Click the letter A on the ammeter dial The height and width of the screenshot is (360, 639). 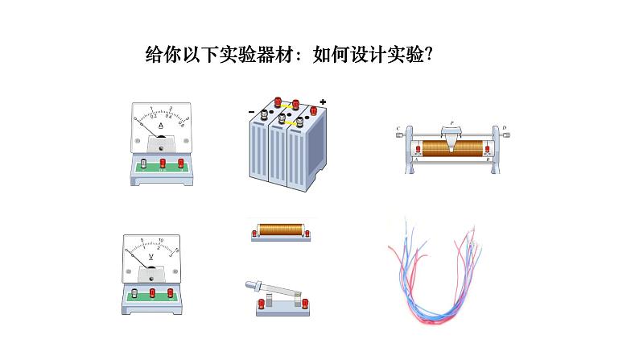point(161,126)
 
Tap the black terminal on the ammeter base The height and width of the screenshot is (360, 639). point(143,164)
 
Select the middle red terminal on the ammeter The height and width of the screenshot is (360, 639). point(163,164)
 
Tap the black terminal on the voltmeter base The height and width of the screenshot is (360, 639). point(134,296)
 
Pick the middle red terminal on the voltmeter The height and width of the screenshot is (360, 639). point(153,296)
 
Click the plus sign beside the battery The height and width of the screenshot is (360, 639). point(323,102)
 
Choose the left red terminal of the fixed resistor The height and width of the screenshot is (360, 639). point(256,234)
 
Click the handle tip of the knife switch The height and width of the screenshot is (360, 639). point(248,283)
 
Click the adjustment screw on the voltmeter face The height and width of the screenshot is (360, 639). point(150,277)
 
